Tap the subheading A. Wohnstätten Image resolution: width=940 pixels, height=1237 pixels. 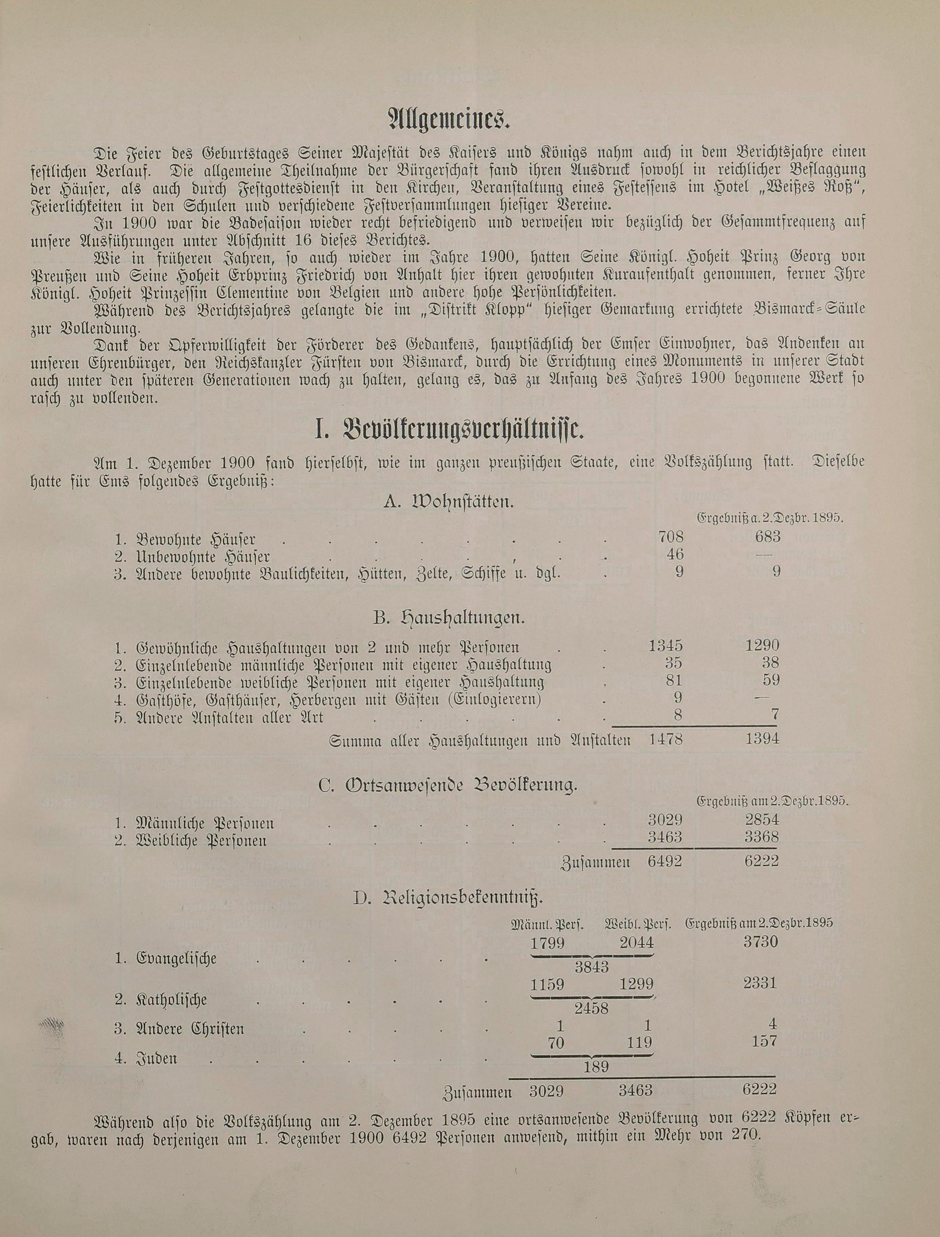point(448,502)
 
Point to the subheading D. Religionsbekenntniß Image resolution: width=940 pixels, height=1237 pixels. point(448,898)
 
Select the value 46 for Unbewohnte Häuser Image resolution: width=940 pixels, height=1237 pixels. point(675,554)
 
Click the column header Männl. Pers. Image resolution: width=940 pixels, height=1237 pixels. point(548,924)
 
